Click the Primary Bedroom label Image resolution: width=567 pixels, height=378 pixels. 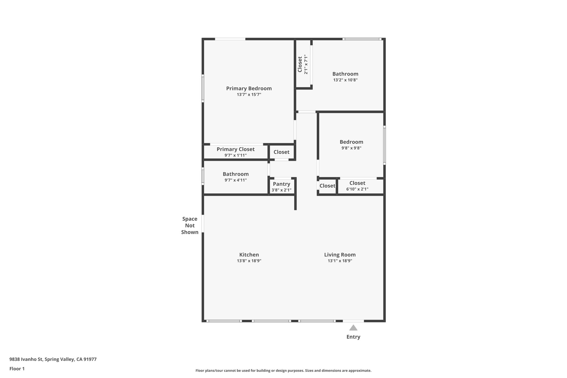tap(249, 88)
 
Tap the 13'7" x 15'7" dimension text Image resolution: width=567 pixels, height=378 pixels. tap(249, 95)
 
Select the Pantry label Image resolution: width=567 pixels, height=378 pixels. tap(281, 184)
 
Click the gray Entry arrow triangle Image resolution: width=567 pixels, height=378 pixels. tap(353, 328)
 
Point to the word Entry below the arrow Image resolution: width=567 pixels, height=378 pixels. tap(353, 337)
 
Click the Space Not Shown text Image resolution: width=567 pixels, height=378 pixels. tap(190, 225)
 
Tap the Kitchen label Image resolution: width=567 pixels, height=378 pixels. tap(249, 254)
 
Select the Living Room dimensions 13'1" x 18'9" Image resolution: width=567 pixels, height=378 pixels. tap(340, 261)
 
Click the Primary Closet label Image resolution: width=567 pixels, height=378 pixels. tap(235, 149)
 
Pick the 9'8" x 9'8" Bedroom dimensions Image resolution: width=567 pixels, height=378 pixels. tap(351, 148)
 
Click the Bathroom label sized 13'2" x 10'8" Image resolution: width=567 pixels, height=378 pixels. tap(345, 74)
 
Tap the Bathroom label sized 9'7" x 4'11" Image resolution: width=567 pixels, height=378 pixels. tap(235, 174)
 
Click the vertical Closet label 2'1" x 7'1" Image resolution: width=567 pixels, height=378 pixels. tap(300, 64)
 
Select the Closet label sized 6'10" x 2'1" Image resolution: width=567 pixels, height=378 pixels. tap(357, 183)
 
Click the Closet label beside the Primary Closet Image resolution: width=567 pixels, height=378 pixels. tap(281, 152)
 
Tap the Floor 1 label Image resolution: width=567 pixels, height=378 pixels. tap(17, 369)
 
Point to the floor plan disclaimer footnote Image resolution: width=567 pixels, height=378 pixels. tap(283, 371)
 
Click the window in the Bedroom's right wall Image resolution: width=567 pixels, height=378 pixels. tap(384, 145)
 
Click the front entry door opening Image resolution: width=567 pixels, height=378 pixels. tap(353, 321)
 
